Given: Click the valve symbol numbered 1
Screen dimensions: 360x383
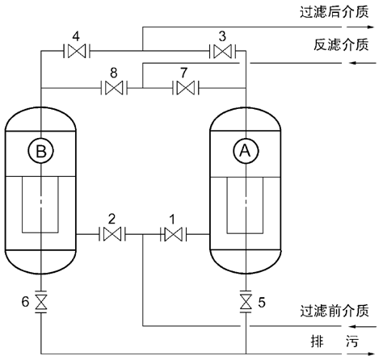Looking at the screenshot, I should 173,235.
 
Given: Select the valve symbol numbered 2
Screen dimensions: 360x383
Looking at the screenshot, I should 112,235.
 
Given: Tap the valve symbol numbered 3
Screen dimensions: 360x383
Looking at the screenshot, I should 221,51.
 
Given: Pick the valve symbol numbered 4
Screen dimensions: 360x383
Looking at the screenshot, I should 77,51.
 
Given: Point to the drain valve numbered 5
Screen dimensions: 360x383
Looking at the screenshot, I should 244,303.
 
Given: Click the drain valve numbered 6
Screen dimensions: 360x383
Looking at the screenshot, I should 41,303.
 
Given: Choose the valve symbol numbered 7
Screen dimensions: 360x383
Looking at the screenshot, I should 187,87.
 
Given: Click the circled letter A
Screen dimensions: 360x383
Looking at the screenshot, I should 243,149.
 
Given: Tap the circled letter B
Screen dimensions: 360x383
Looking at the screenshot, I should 41,149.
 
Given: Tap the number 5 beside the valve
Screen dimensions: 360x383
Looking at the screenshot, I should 261,303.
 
